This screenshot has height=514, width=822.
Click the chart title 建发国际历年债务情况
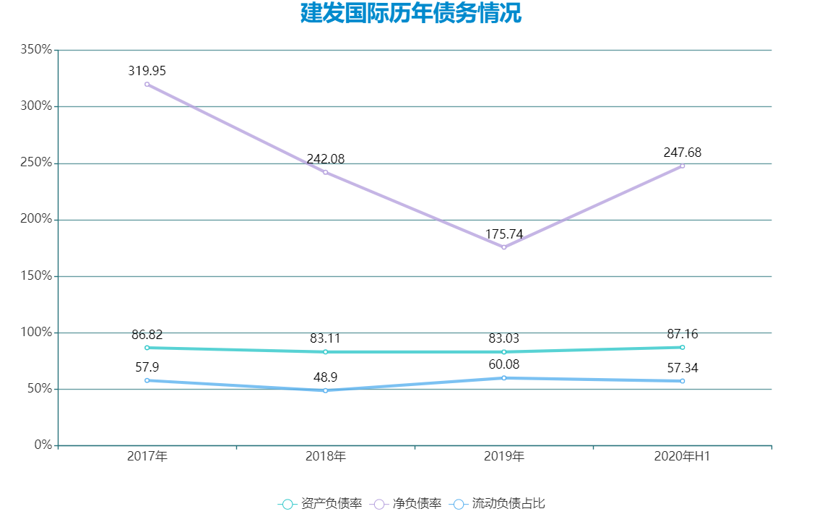tap(410, 14)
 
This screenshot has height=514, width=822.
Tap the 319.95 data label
tap(147, 71)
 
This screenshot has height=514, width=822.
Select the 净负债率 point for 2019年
tap(504, 247)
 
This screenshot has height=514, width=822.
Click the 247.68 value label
tap(683, 153)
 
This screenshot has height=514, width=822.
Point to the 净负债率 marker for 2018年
tap(326, 172)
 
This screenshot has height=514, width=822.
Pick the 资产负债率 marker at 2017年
tap(147, 348)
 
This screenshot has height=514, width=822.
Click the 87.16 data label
tap(683, 334)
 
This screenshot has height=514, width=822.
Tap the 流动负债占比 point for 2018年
tap(326, 390)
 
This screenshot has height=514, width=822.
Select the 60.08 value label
tap(504, 364)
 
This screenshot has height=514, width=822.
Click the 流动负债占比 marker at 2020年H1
tap(683, 381)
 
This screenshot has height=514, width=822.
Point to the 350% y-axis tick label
tap(37, 50)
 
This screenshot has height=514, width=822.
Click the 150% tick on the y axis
tap(37, 276)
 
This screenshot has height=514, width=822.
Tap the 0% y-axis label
tap(43, 445)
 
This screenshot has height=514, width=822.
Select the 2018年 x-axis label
tap(326, 457)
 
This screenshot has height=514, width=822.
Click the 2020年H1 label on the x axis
tap(683, 457)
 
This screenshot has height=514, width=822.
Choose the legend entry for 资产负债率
tap(320, 504)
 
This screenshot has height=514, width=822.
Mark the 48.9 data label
tap(326, 377)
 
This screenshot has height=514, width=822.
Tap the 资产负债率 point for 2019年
tap(504, 352)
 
